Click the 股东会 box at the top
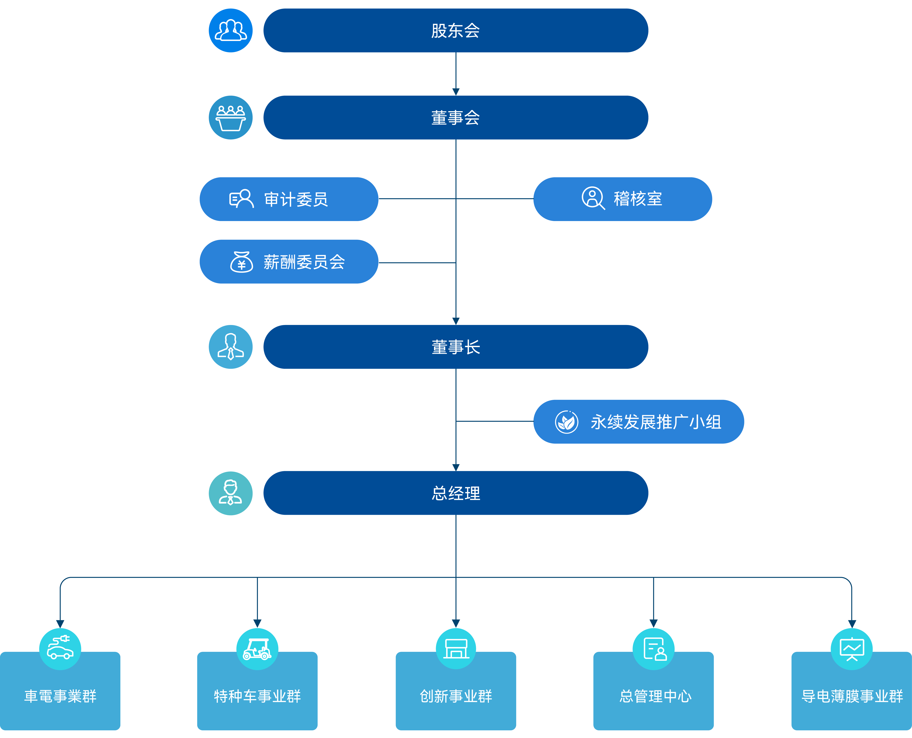[x=456, y=31]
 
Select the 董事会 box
[x=456, y=117]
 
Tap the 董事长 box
[x=456, y=347]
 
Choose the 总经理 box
[x=456, y=493]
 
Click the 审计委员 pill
[x=289, y=199]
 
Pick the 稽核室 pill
[x=623, y=199]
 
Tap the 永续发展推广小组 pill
[x=639, y=422]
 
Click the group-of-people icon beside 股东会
[x=231, y=31]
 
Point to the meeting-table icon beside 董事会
[x=231, y=117]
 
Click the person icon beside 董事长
[x=231, y=347]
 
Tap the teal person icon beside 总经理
[x=231, y=493]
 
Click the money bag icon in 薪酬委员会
[x=241, y=262]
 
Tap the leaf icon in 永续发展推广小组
[x=567, y=422]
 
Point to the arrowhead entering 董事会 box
[x=456, y=92]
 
